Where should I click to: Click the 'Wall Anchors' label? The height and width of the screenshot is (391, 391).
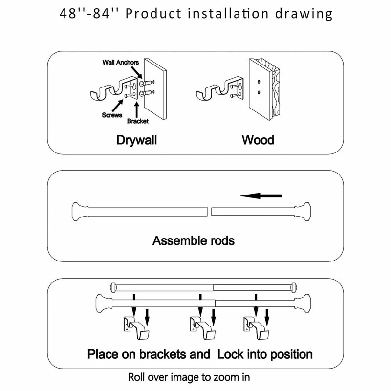coord(120,63)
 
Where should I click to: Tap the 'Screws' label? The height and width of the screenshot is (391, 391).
coord(112,115)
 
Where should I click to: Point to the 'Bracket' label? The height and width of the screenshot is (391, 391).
coord(137,121)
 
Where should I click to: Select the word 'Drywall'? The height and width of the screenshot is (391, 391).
coord(136,140)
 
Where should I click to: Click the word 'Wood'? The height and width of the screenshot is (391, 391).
coord(258,140)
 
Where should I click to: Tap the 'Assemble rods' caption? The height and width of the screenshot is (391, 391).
coord(194,240)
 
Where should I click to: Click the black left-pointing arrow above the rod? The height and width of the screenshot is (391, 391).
coord(262,196)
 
